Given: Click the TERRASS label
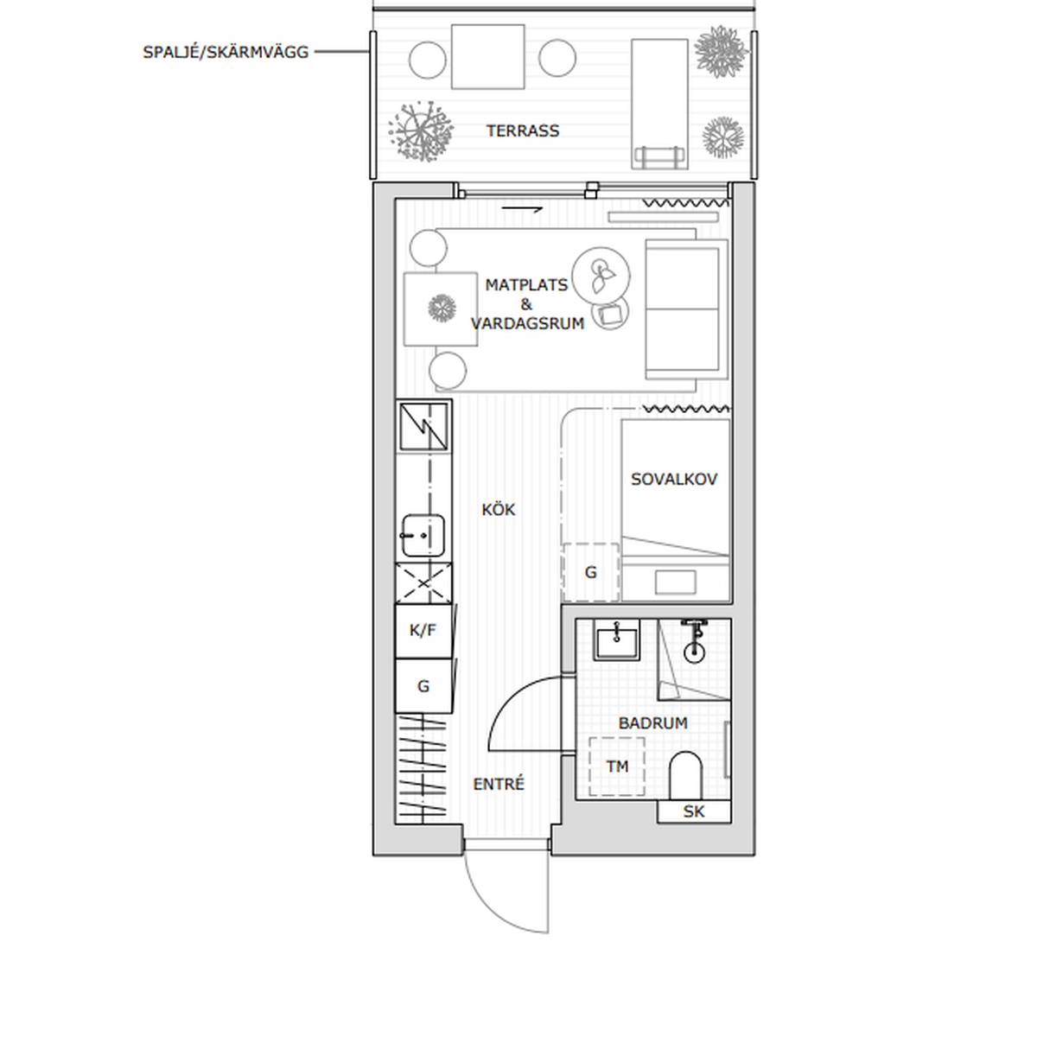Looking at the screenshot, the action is click(523, 130).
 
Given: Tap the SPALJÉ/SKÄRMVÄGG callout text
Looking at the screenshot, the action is click(226, 52).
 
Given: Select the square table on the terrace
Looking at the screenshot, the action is click(487, 56).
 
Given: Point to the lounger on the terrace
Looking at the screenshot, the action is click(659, 104).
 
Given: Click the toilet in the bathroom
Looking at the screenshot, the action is click(685, 775).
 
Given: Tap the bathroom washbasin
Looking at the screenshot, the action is click(616, 639).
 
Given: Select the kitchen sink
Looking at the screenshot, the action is click(423, 536).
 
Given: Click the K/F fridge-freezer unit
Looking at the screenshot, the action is click(423, 631).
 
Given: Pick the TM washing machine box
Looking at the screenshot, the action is click(617, 767).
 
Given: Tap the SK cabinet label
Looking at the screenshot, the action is click(694, 811).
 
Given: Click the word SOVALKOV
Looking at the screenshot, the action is click(674, 480).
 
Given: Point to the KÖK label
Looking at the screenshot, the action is click(499, 509).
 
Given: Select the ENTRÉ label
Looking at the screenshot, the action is click(499, 784).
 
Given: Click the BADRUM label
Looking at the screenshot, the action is click(652, 723).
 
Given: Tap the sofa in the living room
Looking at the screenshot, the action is click(687, 309).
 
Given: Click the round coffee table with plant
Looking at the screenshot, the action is click(601, 276).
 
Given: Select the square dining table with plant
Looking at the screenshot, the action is click(441, 309).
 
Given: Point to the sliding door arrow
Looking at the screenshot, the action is click(522, 209).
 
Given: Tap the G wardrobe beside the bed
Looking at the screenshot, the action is click(591, 572).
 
